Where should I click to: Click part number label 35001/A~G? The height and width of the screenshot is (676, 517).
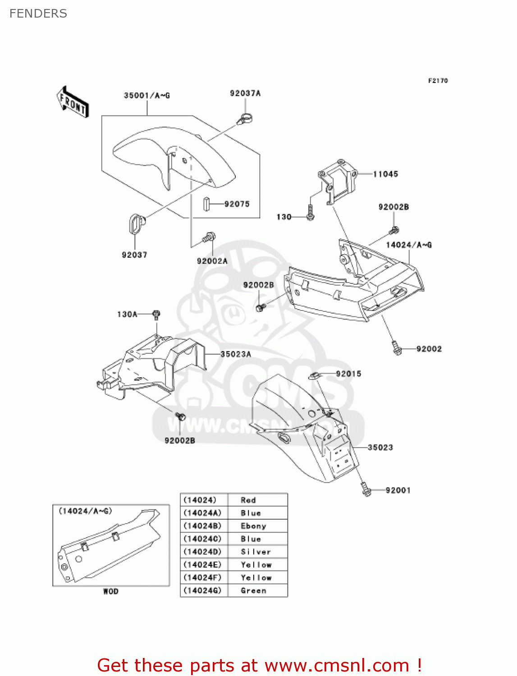tap(147, 96)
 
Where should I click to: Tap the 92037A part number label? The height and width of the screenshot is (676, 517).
tap(245, 93)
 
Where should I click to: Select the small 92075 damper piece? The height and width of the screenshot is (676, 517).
tap(206, 204)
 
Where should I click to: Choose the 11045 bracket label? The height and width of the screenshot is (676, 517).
tap(385, 174)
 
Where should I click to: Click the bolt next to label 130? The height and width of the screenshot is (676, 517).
tap(310, 213)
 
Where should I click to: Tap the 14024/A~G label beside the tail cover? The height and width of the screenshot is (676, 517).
tap(409, 245)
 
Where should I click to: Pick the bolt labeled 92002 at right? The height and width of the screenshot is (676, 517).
tap(397, 348)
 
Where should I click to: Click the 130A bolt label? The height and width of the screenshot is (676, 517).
tap(127, 314)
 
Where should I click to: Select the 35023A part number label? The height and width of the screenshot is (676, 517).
tap(236, 354)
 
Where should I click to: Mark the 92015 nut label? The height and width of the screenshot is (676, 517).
tap(348, 374)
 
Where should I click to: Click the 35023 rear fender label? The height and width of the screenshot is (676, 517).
tap(380, 448)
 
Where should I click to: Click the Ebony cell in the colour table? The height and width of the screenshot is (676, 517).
tap(253, 526)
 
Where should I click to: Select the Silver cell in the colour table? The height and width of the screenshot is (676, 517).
tap(256, 552)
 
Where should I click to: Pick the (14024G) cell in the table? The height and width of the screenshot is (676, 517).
tap(203, 590)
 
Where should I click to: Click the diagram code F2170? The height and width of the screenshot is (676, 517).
tap(438, 81)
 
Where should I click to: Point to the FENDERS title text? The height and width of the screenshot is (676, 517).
tap(38, 14)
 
